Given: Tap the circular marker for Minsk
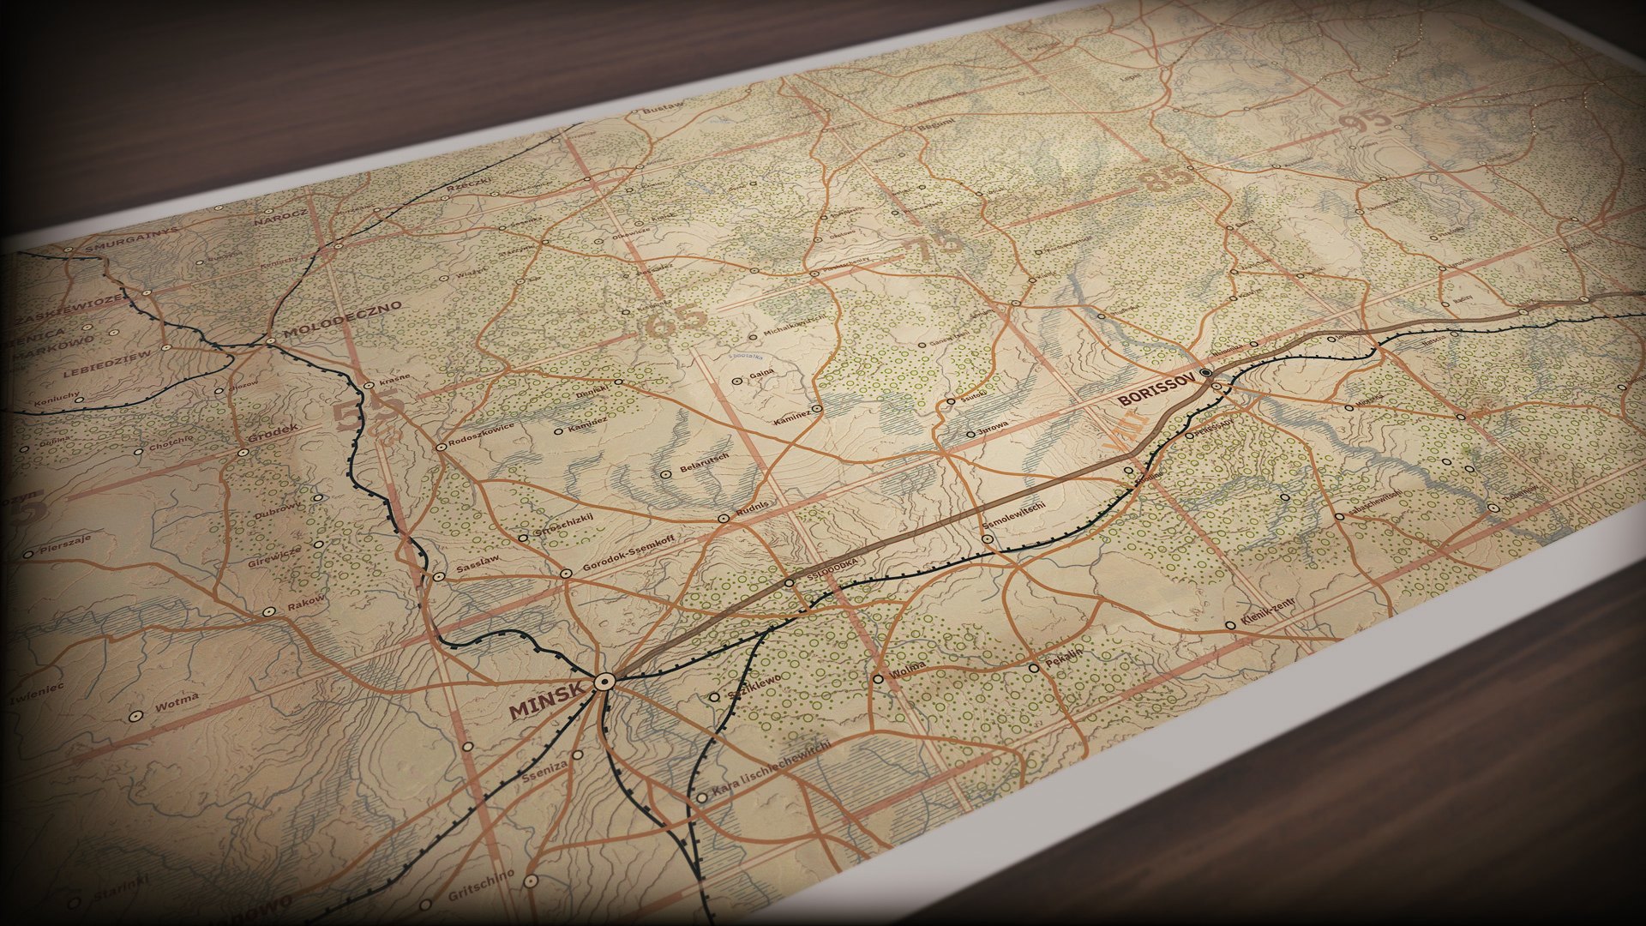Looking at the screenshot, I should coord(604,682).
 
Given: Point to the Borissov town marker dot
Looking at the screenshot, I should coord(1206,373).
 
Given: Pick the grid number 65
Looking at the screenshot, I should coord(676,322).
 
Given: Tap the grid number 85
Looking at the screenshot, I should coord(1165,177).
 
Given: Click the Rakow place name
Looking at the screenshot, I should coord(306,603).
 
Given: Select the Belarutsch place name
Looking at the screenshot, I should coord(704,464).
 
